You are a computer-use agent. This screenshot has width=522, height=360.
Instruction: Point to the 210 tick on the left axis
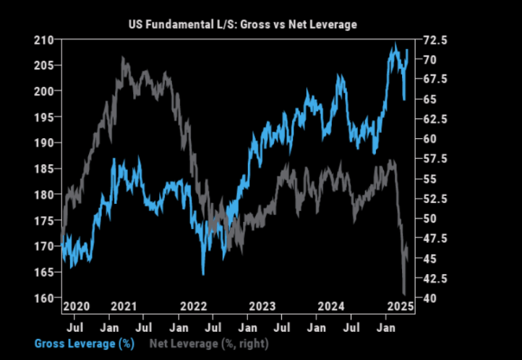tap(46, 40)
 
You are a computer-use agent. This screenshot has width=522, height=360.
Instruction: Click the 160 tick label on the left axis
tap(46, 298)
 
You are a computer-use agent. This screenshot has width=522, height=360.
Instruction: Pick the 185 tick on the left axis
tap(46, 168)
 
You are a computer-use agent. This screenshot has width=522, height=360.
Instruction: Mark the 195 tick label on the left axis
tap(46, 117)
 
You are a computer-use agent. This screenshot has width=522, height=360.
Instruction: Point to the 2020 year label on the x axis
tap(77, 307)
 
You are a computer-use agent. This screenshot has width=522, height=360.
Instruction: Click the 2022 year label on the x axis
tap(194, 307)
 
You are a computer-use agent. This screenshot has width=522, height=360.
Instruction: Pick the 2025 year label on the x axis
tap(398, 307)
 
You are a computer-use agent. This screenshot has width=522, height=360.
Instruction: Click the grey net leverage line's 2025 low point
tap(404, 293)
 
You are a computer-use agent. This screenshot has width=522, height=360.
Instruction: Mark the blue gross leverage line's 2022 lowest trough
tap(204, 274)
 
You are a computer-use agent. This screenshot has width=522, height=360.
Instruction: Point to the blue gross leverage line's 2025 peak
tap(395, 45)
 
